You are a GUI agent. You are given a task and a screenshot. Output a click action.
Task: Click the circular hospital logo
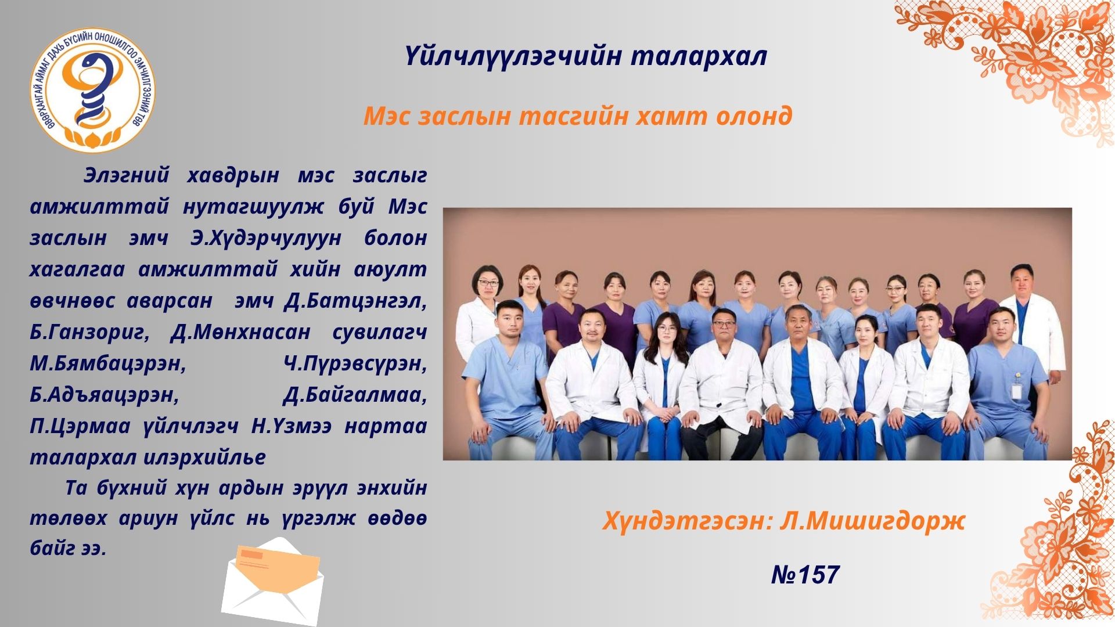[93, 90]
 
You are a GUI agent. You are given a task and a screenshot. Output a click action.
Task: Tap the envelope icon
[272, 581]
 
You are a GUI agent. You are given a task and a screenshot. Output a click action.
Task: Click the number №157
[805, 575]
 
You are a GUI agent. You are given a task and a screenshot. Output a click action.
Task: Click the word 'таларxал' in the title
[699, 57]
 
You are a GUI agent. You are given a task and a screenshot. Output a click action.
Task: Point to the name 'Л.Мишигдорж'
[873, 521]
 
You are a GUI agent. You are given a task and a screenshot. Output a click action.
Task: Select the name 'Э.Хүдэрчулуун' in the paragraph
[266, 238]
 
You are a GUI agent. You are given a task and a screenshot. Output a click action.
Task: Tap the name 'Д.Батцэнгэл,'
[356, 301]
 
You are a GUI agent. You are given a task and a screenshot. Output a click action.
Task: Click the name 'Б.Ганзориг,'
[90, 332]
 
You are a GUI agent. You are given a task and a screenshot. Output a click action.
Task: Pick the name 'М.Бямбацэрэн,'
[108, 363]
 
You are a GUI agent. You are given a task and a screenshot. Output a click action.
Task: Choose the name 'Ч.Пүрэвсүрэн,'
[355, 363]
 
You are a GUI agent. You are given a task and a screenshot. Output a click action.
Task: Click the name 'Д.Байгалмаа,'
[355, 395]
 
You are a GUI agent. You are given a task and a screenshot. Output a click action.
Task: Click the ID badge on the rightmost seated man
[1016, 390]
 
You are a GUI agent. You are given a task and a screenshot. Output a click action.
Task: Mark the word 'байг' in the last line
[53, 547]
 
